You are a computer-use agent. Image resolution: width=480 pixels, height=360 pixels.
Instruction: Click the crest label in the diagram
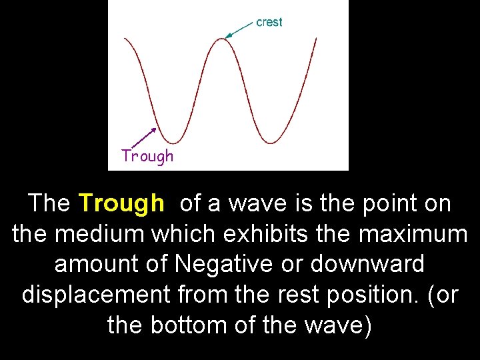[269, 22]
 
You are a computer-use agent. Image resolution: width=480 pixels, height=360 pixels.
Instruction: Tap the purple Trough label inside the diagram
[147, 156]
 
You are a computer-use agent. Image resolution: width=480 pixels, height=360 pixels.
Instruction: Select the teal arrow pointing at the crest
[239, 29]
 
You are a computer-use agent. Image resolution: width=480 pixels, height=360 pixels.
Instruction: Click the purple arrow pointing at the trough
[142, 137]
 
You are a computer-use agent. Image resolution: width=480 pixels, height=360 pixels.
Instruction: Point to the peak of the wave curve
[222, 38]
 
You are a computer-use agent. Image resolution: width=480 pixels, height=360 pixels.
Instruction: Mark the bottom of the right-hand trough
[271, 142]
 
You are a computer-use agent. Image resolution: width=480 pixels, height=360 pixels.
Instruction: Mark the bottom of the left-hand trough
[173, 142]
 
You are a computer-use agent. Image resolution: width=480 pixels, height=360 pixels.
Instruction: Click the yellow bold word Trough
[121, 203]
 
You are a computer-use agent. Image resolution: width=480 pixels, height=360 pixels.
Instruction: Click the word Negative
[223, 264]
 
